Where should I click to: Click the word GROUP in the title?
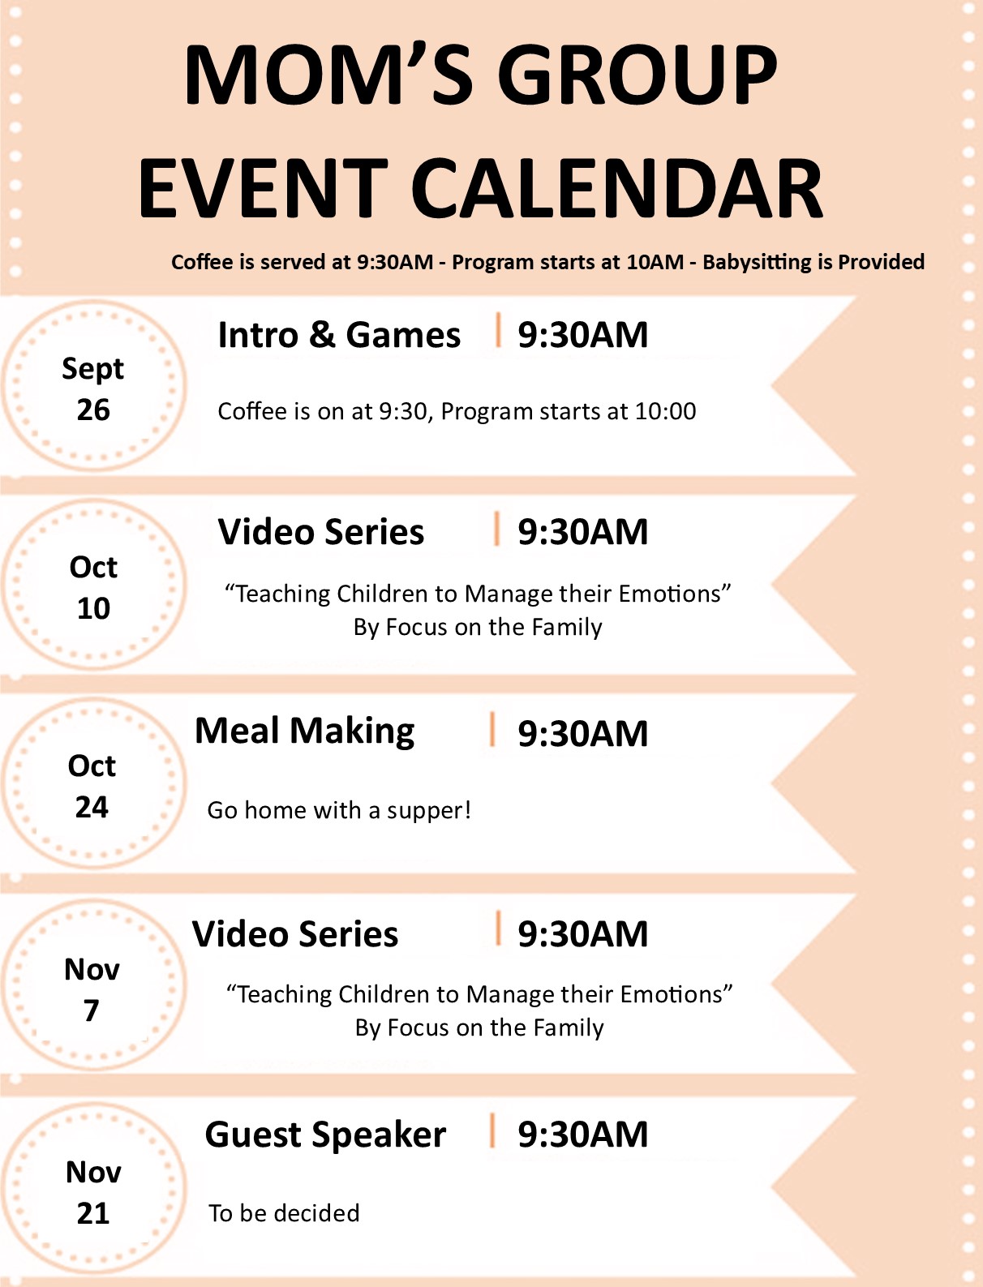click(637, 76)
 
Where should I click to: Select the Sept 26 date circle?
click(94, 386)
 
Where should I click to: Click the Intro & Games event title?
click(339, 335)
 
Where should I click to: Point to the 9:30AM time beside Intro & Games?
click(582, 335)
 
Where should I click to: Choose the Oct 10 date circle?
click(94, 585)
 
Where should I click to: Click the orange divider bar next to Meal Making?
click(492, 729)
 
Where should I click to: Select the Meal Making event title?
click(304, 732)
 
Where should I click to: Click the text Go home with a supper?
click(339, 810)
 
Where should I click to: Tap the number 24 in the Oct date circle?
click(92, 807)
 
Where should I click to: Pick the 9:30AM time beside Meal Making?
click(582, 733)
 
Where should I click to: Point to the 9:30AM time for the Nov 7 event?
click(582, 933)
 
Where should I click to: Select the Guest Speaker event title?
click(325, 1135)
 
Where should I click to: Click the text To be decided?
click(284, 1213)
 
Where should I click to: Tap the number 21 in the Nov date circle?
click(93, 1213)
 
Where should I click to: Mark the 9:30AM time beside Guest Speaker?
click(582, 1134)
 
